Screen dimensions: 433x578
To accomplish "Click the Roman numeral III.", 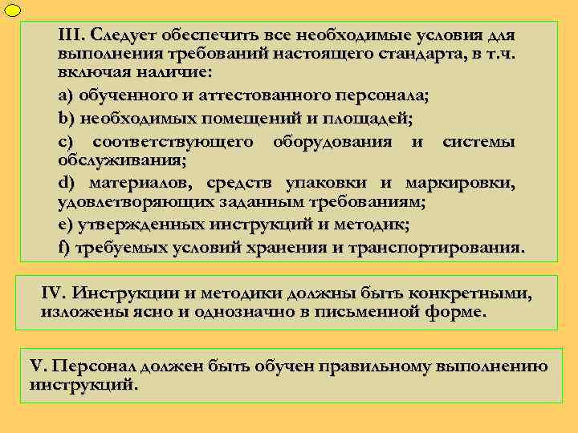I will [71, 36].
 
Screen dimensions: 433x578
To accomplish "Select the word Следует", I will [123, 36].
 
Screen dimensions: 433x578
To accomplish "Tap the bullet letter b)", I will [65, 119].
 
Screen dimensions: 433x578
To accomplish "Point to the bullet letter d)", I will [67, 183].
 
